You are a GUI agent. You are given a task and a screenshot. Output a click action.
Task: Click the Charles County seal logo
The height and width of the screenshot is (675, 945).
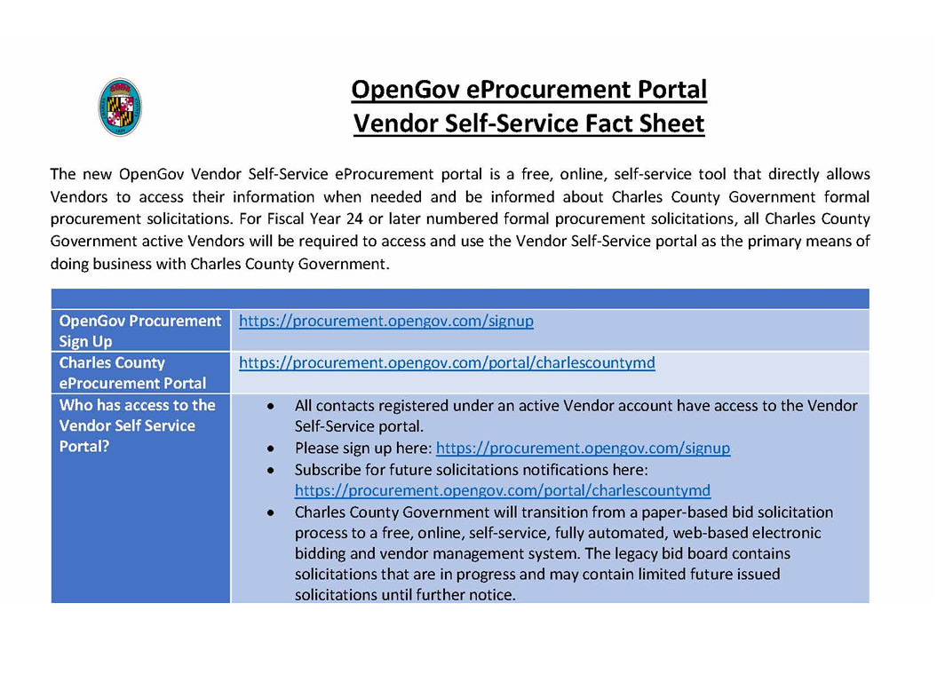point(120,107)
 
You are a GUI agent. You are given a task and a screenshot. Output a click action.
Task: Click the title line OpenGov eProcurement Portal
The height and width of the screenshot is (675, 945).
point(528,90)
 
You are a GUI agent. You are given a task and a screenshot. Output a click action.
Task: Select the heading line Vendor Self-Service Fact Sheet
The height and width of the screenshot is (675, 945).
point(528,123)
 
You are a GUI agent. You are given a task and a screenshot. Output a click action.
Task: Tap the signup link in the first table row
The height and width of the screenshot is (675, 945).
point(386,321)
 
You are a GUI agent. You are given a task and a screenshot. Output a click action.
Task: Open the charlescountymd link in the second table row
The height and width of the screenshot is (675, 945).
point(447,362)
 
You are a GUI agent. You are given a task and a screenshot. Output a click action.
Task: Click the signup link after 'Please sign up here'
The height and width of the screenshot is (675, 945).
point(583,448)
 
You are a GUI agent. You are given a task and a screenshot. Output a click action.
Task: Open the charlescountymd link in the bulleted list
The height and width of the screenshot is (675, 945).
point(503,490)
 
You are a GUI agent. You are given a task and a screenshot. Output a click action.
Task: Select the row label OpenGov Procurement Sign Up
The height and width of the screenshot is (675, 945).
point(139,330)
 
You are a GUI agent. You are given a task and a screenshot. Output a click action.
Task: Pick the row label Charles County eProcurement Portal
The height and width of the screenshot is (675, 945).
point(132,373)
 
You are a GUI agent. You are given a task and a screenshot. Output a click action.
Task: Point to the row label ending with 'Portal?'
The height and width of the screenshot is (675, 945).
point(137,425)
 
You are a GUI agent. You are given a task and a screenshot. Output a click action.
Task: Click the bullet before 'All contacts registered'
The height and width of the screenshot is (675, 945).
point(270,406)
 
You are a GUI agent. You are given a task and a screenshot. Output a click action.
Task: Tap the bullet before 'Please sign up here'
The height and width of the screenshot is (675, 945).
point(270,449)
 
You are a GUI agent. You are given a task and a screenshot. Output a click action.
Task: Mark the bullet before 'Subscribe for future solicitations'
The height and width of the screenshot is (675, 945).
point(270,470)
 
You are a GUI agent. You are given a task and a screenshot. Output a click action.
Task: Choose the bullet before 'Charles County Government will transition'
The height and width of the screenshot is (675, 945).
point(270,512)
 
